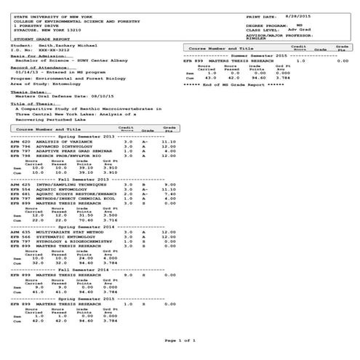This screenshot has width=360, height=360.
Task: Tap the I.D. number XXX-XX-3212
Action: [45, 49]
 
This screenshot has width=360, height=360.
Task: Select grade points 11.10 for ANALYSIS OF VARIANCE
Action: [169, 142]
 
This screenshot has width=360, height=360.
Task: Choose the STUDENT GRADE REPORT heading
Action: [35, 37]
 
